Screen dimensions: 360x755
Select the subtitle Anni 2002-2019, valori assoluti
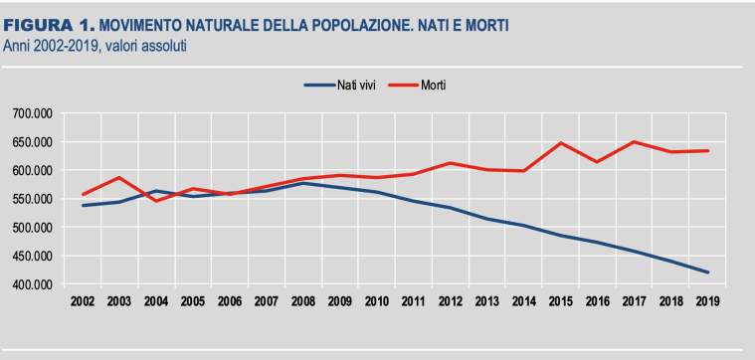pos(95,45)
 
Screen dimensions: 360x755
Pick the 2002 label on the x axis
pos(83,299)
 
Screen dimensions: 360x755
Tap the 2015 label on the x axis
pos(561,299)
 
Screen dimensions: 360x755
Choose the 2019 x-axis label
pos(707,299)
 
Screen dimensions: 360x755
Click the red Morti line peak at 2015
pos(561,143)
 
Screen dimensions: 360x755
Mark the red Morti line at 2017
pos(634,141)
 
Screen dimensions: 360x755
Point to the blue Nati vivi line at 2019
pos(707,272)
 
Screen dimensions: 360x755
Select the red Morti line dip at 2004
pos(155,201)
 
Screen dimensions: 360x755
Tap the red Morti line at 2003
pos(119,177)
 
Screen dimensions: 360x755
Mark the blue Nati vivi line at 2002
pos(83,206)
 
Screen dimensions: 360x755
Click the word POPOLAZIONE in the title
pos(355,26)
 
